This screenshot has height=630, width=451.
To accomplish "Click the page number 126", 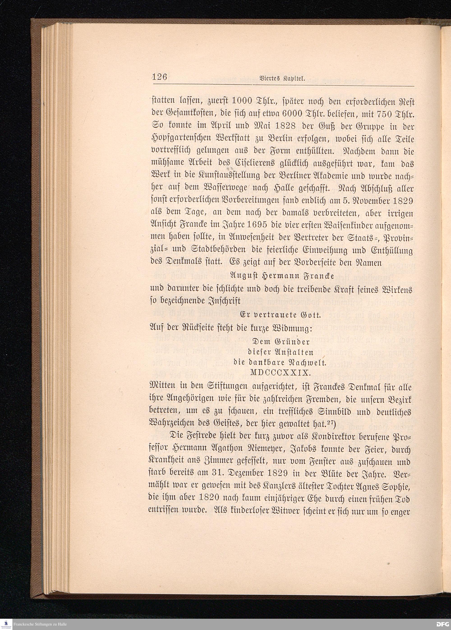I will [x=159, y=77].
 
